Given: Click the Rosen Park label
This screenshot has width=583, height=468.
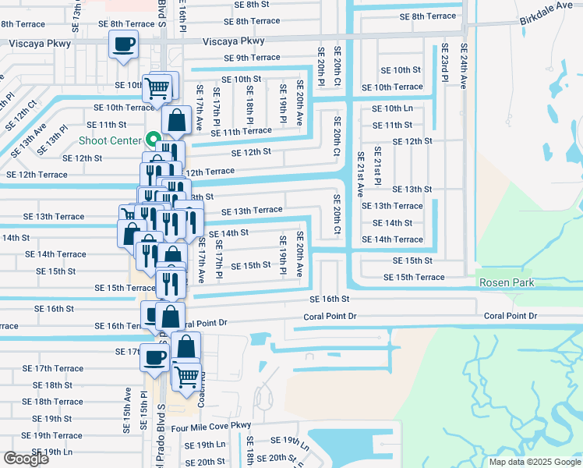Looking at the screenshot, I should pyautogui.click(x=507, y=282).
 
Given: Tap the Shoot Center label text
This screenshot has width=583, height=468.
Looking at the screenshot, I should pyautogui.click(x=110, y=140).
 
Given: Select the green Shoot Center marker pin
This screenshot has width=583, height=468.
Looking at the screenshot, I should pyautogui.click(x=150, y=140).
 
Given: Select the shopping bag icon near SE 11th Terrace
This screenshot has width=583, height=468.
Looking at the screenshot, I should pyautogui.click(x=177, y=121).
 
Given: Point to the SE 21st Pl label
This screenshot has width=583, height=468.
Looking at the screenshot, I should pyautogui.click(x=376, y=165).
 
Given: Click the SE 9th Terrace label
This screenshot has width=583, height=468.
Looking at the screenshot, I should pyautogui.click(x=252, y=58).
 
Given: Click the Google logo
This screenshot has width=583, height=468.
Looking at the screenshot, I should pyautogui.click(x=26, y=459).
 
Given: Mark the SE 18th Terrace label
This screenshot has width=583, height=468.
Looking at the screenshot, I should pyautogui.click(x=52, y=402).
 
